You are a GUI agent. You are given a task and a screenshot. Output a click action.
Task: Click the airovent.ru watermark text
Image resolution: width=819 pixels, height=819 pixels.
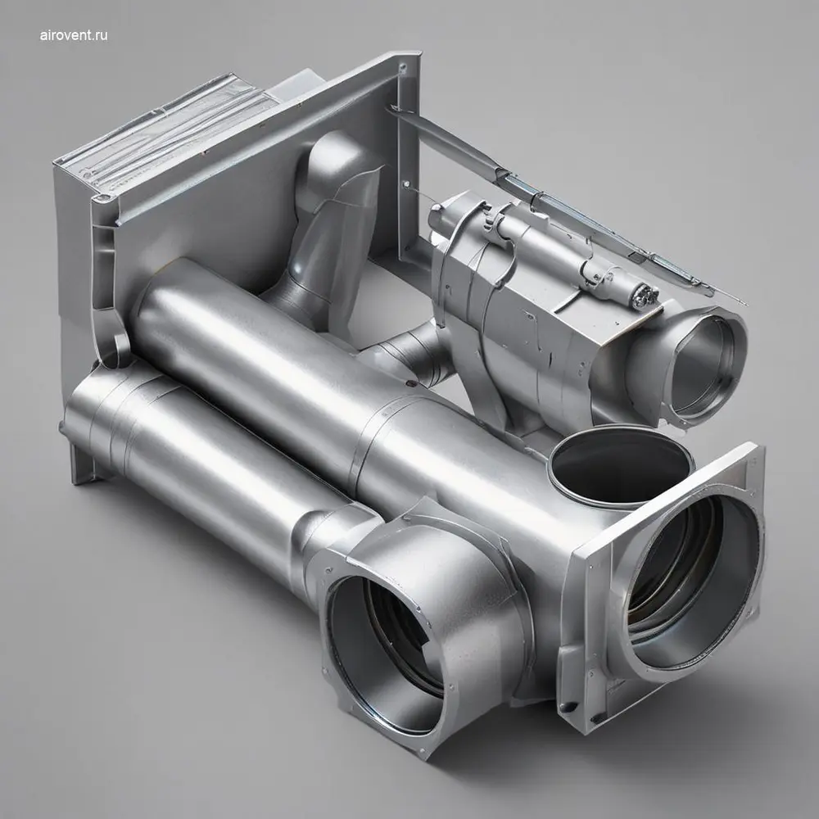coord(74,35)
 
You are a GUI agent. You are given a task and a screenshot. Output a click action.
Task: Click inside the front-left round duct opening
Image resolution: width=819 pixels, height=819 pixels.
coord(387,655)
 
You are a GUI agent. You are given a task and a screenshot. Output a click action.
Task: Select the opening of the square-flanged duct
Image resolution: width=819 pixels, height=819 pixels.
coord(690,580)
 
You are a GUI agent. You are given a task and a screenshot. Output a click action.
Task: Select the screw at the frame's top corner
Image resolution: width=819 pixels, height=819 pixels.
coord(402,67)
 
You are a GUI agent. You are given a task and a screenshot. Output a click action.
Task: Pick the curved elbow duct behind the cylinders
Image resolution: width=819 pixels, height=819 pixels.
coord(324,230)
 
